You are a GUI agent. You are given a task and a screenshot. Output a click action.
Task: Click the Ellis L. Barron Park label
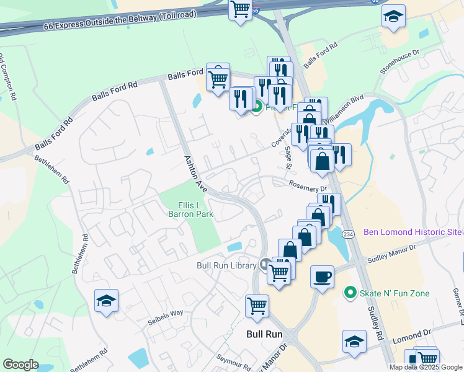[x=190, y=210]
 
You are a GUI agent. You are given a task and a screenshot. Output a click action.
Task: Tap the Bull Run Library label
[x=226, y=265]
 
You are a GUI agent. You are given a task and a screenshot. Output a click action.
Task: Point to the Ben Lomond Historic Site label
[x=413, y=232]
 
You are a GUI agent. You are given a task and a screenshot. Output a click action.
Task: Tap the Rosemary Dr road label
[x=308, y=185]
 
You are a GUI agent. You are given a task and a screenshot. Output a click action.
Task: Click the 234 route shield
[x=348, y=234]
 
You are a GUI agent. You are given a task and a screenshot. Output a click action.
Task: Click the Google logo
[x=20, y=365]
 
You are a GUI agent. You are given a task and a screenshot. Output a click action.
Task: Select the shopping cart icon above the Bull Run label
[x=256, y=305]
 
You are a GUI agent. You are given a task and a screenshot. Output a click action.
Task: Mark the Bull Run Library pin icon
[x=266, y=265]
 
